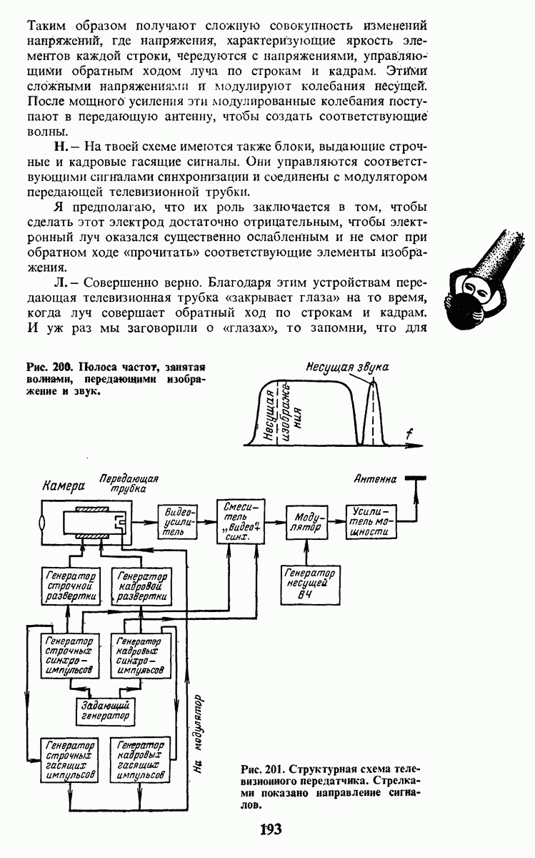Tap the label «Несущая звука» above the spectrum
[x=347, y=367]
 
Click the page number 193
[x=271, y=829]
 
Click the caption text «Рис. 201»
[x=261, y=770]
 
